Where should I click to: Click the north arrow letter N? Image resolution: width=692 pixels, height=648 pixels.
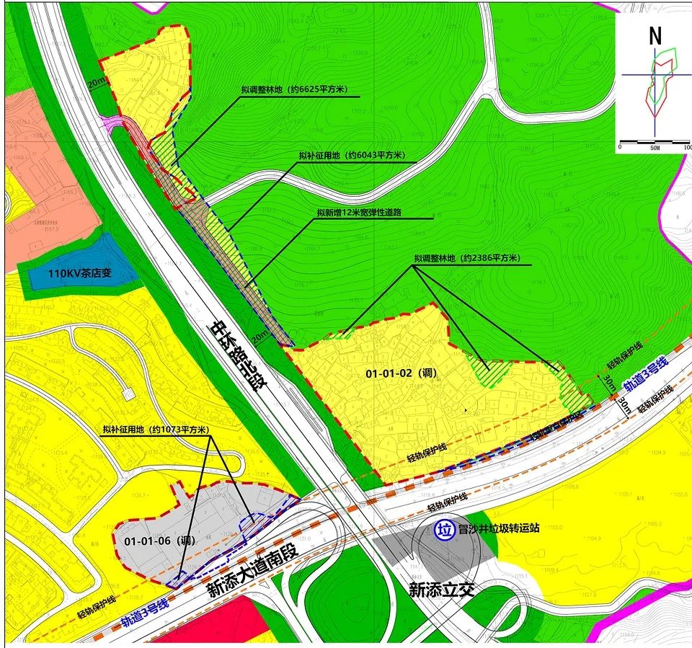655,36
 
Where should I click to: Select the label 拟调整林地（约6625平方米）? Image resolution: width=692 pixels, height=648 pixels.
295,90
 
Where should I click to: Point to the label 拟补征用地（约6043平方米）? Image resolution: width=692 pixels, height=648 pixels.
352,156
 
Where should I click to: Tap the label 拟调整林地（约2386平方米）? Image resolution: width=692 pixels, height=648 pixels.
467,259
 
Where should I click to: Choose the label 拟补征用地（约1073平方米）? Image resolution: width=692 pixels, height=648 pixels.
156,430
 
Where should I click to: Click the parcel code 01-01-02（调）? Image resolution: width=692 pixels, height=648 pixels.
399,373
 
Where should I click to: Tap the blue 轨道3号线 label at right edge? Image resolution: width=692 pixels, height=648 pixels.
646,373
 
